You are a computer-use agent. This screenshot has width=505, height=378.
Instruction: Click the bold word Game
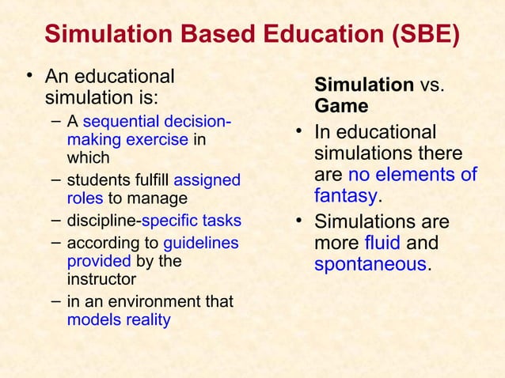341,106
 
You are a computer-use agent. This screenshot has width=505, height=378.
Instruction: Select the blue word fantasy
344,194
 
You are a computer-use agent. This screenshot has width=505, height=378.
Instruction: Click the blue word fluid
382,242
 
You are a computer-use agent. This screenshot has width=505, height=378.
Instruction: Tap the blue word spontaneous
370,264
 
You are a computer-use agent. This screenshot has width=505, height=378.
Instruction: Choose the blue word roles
85,198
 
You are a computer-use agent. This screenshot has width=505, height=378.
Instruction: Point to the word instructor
101,279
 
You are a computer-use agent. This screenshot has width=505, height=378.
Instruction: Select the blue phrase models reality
119,320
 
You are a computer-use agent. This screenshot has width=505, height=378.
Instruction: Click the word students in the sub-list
98,180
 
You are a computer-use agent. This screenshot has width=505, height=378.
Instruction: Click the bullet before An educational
30,77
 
